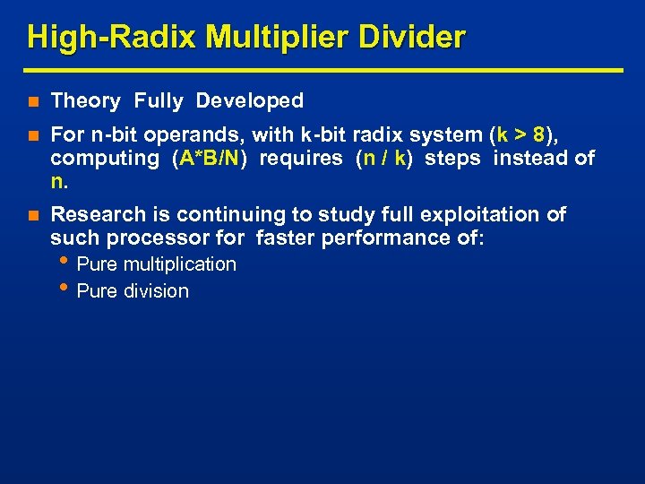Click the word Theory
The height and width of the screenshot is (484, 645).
click(85, 101)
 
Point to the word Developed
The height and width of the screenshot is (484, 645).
click(250, 101)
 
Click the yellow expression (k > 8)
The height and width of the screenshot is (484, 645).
click(521, 135)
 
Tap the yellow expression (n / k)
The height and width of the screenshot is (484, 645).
click(384, 159)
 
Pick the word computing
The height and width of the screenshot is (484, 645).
click(104, 159)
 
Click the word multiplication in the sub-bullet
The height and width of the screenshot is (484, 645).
click(180, 264)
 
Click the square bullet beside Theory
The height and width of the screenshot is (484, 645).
click(33, 102)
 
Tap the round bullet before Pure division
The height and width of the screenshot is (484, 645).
click(68, 289)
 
